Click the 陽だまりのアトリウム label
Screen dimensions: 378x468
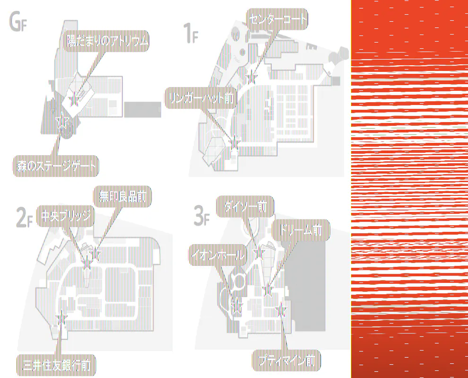tap(107, 42)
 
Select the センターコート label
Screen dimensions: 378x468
tap(277, 19)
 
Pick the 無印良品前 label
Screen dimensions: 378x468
tap(122, 195)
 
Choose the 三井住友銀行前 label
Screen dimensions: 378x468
tap(57, 365)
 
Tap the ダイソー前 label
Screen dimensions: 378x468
tap(245, 206)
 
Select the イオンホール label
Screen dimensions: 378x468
tap(218, 255)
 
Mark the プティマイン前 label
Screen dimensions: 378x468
tap(286, 361)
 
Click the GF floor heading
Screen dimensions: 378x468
tap(19, 22)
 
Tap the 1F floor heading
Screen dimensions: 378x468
tap(190, 34)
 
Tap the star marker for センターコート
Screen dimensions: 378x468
tap(251, 78)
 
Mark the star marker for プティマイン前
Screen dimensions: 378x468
tap(282, 310)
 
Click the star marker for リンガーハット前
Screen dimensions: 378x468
tap(234, 141)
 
